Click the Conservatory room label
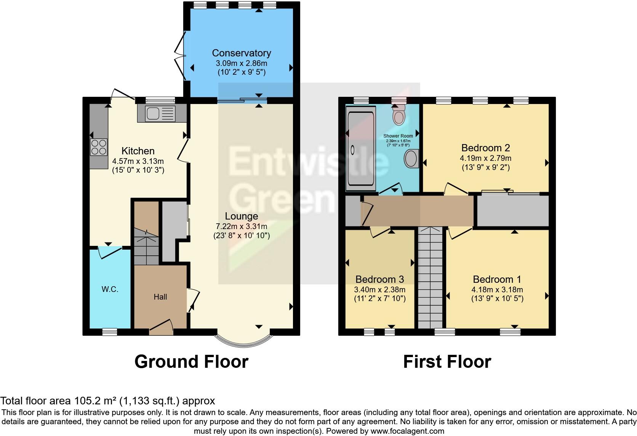(241, 53)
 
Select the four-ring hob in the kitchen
(98, 147)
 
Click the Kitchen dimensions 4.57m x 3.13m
(138, 161)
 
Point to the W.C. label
(110, 289)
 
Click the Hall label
(160, 297)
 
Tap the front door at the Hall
(161, 328)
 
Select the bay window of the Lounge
(243, 340)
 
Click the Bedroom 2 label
(485, 148)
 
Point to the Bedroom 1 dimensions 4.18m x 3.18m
(497, 289)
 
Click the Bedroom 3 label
(379, 279)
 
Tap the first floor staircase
(431, 278)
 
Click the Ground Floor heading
(191, 362)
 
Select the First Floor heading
(447, 362)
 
